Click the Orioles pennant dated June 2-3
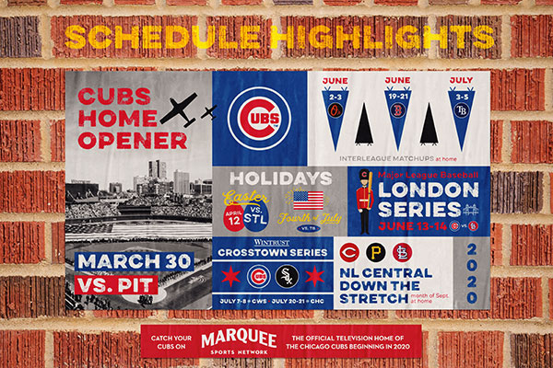335,110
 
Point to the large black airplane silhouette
185,110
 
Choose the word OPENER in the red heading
120,141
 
